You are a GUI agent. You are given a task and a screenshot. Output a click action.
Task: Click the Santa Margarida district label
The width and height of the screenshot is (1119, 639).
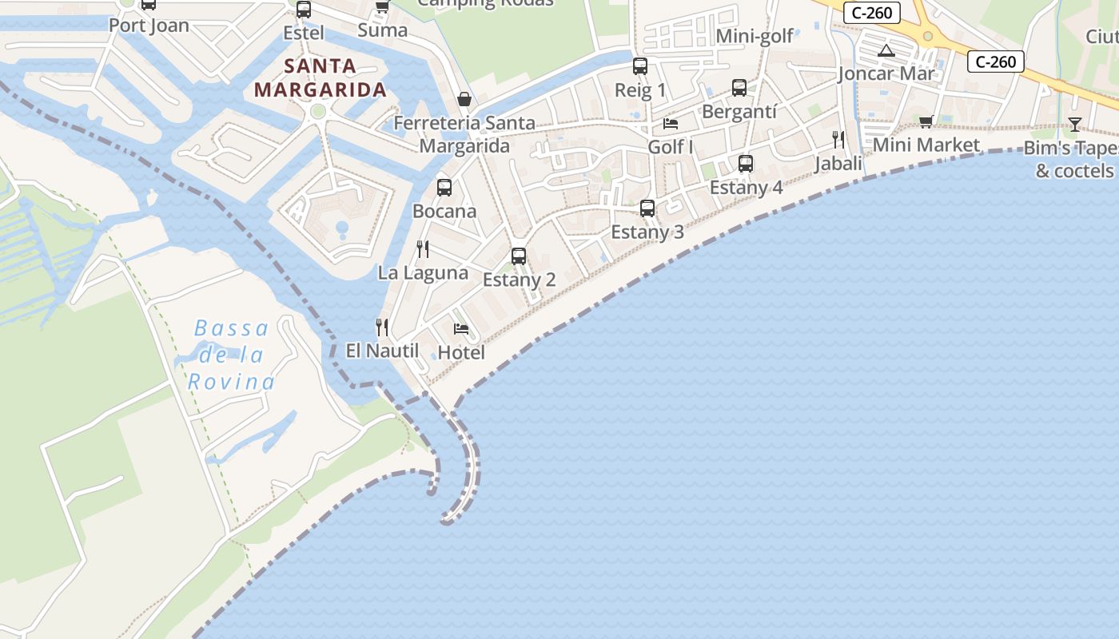[320, 77]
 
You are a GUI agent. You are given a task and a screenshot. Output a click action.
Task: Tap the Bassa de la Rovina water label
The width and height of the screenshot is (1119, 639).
[232, 355]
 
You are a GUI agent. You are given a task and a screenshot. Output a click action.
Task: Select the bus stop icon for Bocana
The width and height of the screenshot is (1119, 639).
[444, 188]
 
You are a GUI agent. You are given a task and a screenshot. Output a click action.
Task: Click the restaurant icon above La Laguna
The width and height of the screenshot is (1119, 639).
[423, 249]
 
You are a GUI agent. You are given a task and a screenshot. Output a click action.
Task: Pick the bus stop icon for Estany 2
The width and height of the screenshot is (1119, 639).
[519, 256]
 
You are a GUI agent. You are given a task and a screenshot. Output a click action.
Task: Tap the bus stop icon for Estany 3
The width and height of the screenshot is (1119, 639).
[647, 208]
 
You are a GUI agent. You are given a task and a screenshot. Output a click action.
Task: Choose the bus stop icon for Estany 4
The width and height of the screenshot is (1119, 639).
[746, 164]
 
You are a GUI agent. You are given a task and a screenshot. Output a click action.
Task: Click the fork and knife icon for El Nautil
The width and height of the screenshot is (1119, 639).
[382, 327]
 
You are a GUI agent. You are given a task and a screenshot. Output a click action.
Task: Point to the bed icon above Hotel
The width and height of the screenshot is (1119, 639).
[461, 328]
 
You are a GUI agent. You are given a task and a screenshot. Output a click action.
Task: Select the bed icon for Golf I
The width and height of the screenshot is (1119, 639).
[671, 124]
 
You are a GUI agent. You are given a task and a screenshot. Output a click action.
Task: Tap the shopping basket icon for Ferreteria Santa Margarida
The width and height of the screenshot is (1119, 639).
[464, 99]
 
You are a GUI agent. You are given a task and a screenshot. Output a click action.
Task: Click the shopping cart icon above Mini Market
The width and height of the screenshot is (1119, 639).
[926, 121]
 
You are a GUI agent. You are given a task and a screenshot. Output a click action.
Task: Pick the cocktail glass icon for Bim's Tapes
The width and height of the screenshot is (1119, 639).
[1075, 124]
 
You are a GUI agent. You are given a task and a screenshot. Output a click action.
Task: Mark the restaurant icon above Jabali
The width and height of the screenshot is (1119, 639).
[838, 140]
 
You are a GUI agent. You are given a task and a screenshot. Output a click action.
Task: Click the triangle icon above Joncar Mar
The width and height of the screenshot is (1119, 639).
[886, 51]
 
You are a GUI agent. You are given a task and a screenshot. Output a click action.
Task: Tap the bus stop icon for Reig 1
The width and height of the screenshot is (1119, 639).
[640, 66]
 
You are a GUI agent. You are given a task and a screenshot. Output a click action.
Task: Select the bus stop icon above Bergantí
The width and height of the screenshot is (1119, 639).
[739, 88]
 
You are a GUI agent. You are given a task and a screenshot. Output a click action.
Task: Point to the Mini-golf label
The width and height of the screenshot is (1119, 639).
[755, 36]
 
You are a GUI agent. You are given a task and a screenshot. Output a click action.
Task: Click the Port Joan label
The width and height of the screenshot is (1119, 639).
[149, 26]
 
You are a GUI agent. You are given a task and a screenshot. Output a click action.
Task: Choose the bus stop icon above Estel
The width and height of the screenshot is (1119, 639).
[304, 10]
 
